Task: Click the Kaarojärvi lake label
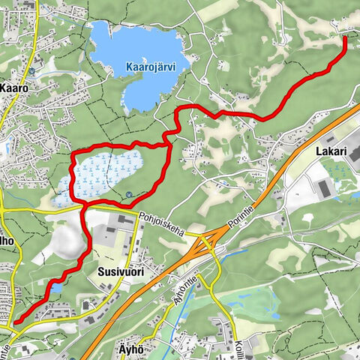point(150,66)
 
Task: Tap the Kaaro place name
point(14,88)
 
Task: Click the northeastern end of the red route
point(345,37)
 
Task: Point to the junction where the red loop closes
point(82,202)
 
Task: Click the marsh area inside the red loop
point(105,172)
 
